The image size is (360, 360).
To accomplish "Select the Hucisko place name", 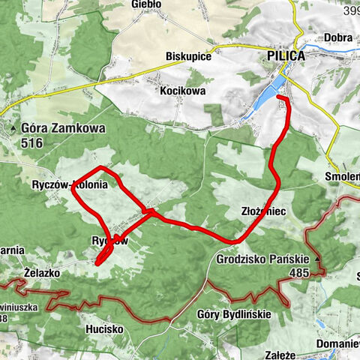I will coord(105,328).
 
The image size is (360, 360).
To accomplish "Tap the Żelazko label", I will coord(42,272).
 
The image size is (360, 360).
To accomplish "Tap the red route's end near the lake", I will coord(279,97).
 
